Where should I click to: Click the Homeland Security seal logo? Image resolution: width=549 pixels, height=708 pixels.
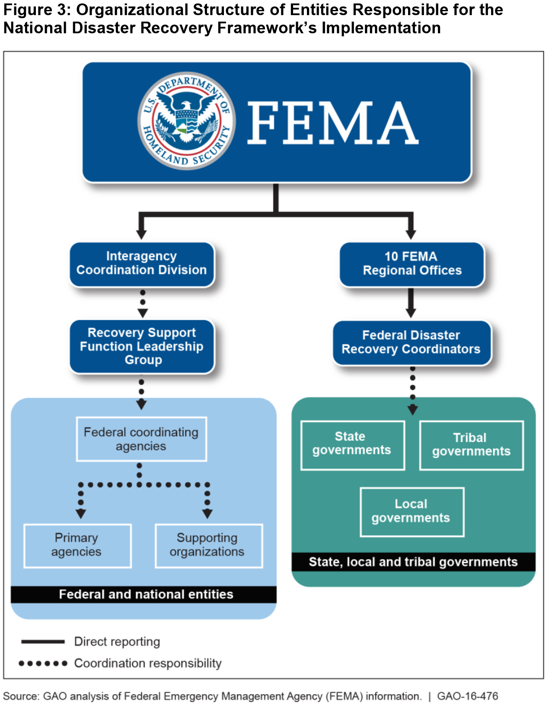click(x=187, y=121)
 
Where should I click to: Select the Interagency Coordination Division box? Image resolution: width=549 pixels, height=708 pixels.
click(x=142, y=263)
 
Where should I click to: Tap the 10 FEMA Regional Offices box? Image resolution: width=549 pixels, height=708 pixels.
click(x=412, y=264)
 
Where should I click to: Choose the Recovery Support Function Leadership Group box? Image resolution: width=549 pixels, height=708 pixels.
click(x=142, y=346)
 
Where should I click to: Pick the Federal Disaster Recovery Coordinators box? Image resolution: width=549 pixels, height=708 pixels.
click(x=412, y=342)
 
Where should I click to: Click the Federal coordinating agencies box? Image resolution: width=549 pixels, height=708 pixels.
click(x=141, y=439)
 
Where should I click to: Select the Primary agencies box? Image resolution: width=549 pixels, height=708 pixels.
click(x=77, y=545)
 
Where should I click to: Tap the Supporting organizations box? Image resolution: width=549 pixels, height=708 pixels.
click(x=208, y=545)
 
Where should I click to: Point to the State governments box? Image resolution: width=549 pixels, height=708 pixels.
click(x=352, y=444)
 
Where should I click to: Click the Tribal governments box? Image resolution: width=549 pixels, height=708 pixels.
click(x=471, y=445)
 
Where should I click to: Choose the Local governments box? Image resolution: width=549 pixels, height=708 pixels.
click(x=412, y=511)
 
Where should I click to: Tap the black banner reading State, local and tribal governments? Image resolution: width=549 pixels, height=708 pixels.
click(x=413, y=562)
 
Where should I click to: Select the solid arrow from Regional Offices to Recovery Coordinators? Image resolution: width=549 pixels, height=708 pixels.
click(x=411, y=303)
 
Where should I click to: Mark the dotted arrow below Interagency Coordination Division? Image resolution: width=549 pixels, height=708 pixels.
click(x=143, y=303)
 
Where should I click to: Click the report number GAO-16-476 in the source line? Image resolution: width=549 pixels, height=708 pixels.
click(x=467, y=696)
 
